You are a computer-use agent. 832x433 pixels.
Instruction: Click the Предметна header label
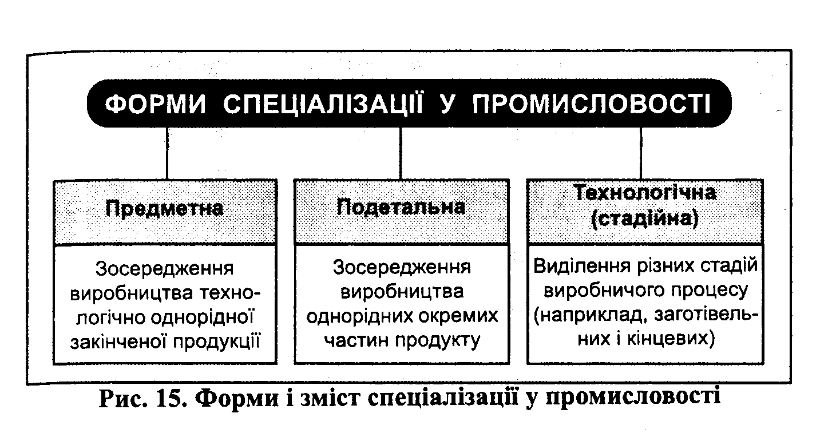pos(164,209)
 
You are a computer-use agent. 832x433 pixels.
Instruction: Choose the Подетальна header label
pos(401,206)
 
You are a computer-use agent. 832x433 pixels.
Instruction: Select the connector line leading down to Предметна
pos(167,153)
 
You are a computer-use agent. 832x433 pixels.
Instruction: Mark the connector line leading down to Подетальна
pos(401,153)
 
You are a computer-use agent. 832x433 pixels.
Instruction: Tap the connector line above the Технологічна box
pos(641,153)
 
